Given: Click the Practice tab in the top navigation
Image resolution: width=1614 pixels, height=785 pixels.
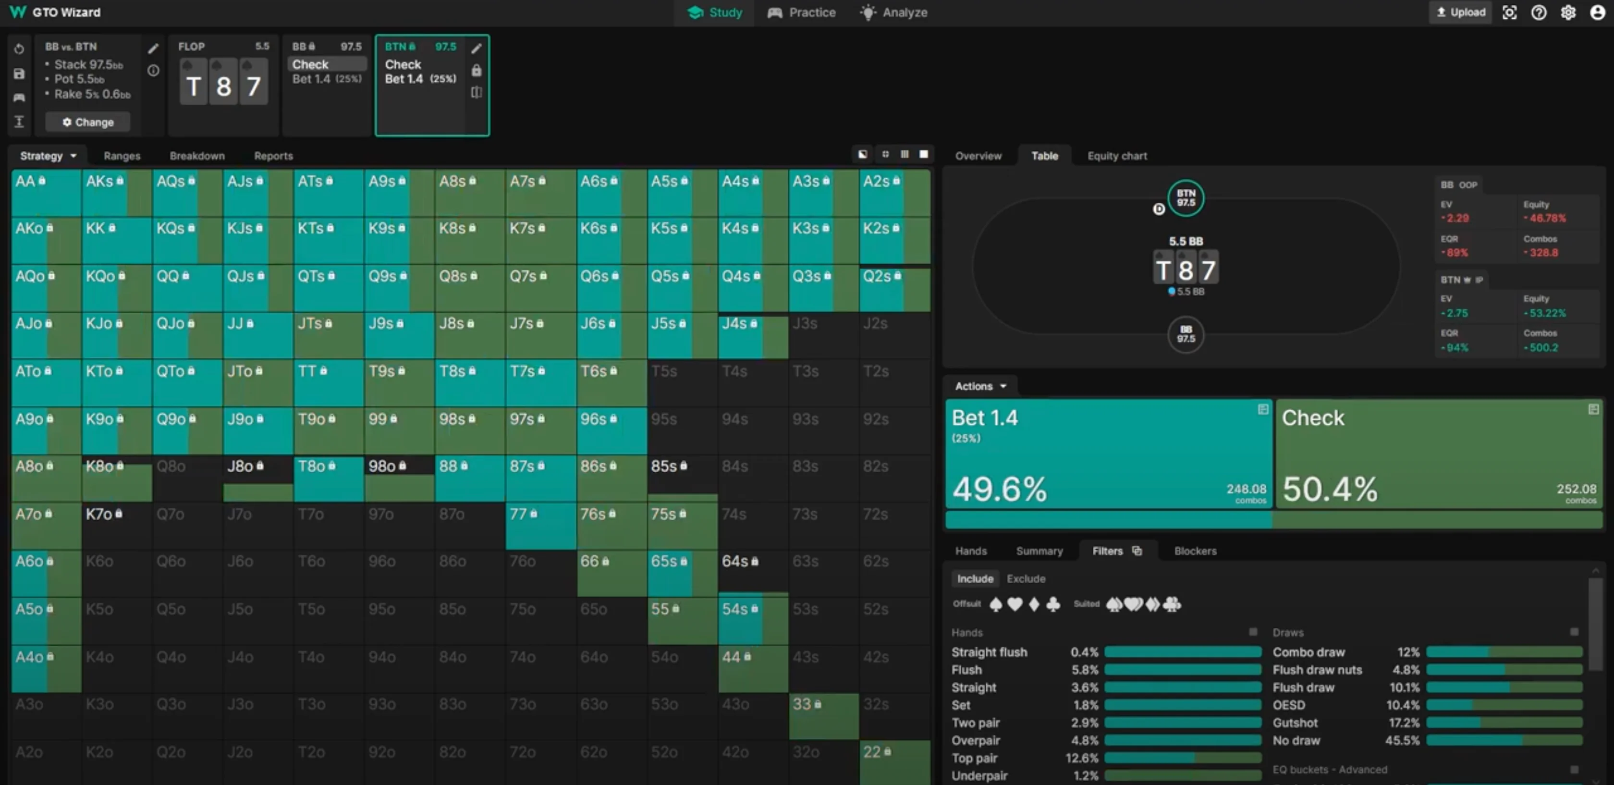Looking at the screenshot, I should (802, 12).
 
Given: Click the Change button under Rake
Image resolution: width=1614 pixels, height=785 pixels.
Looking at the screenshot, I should (88, 122).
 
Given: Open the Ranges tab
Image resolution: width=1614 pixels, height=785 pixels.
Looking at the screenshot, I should (122, 156).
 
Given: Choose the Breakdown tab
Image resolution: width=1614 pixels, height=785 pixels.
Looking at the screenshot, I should (197, 156).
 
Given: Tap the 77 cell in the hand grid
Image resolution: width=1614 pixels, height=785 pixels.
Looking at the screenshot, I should (540, 526).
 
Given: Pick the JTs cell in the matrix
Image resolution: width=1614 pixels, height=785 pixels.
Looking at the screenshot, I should (328, 335).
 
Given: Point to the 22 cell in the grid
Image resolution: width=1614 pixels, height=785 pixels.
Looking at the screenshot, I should (893, 761).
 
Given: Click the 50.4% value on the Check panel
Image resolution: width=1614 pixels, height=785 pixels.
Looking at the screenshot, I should (1330, 489).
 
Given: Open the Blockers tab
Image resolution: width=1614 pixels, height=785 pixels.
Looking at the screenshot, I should (1195, 551).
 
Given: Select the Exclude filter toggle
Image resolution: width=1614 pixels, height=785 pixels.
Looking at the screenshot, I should (1026, 579).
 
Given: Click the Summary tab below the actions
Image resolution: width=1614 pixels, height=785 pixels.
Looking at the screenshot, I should (1039, 551).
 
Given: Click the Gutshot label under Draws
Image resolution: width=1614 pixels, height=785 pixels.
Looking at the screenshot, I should (1295, 723).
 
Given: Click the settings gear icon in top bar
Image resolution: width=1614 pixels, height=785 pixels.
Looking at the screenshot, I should (1567, 12).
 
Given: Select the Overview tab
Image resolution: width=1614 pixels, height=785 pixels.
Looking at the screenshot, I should (978, 156).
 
